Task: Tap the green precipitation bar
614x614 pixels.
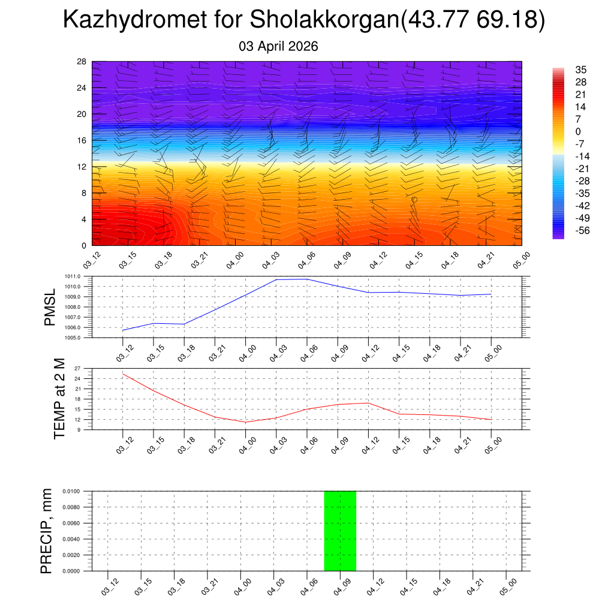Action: [x=340, y=531]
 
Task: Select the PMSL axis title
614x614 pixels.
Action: [x=50, y=307]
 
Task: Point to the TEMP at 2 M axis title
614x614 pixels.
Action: [x=59, y=398]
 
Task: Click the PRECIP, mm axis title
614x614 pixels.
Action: [x=47, y=531]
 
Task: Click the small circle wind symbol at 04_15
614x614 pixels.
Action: [x=414, y=199]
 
